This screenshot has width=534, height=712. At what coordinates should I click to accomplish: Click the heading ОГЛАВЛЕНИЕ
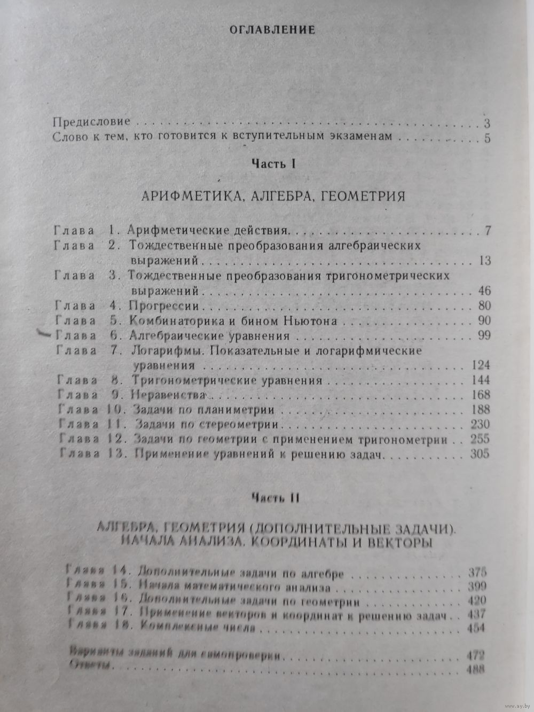pyautogui.click(x=272, y=30)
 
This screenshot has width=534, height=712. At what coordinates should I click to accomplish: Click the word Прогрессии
pyautogui.click(x=163, y=306)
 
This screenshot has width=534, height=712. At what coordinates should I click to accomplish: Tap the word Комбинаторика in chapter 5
pyautogui.click(x=171, y=321)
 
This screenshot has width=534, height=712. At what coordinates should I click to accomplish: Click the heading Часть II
pyautogui.click(x=275, y=497)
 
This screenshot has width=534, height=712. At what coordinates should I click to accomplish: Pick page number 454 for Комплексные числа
pyautogui.click(x=475, y=628)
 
